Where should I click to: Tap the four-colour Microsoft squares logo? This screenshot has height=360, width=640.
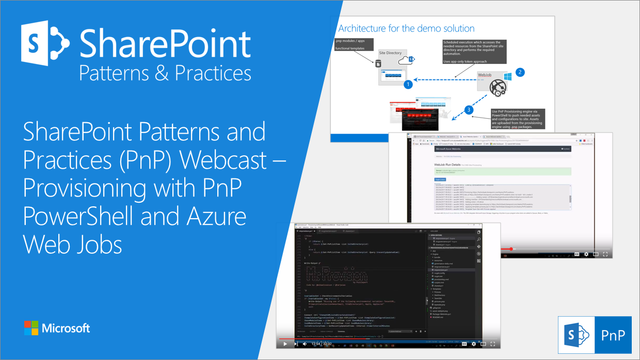click(31, 328)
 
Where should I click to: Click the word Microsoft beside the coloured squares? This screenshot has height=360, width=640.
click(66, 328)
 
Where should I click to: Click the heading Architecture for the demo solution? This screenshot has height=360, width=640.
click(406, 28)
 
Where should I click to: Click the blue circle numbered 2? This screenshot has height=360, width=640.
click(520, 72)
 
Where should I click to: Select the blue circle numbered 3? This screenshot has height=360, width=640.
click(468, 110)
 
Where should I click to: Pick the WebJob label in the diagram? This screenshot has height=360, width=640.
click(485, 75)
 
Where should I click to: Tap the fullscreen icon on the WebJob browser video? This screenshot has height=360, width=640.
click(605, 254)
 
